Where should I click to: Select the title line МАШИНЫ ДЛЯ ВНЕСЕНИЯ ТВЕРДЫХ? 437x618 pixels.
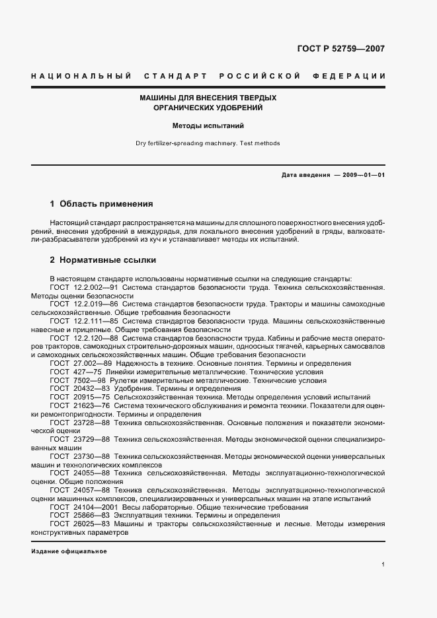click(208, 98)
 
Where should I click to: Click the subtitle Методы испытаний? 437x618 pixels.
click(208, 125)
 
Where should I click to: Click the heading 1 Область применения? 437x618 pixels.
click(102, 204)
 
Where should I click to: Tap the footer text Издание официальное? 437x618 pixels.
click(69, 551)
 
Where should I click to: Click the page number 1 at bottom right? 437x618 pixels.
click(383, 565)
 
